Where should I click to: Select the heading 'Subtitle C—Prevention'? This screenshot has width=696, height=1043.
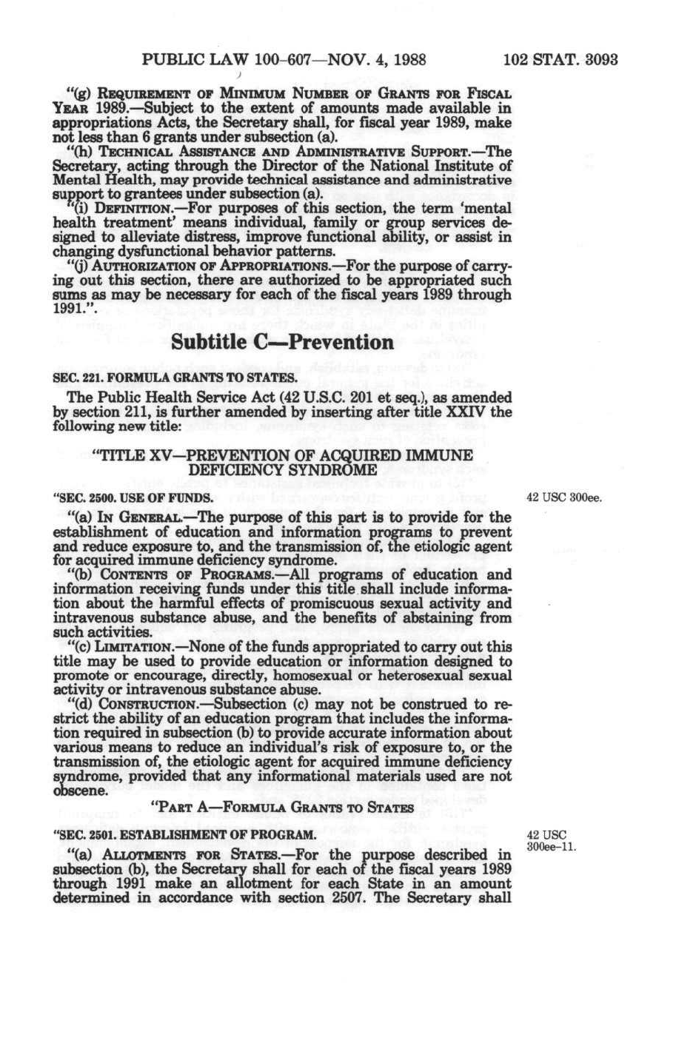(282, 343)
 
